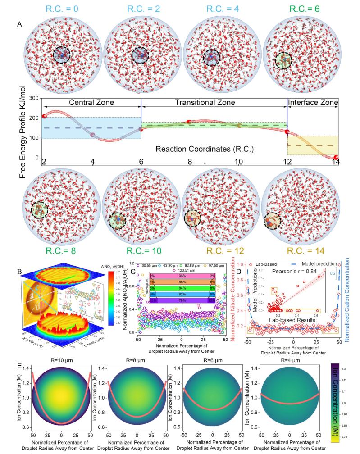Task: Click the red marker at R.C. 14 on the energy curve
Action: [x=336, y=157]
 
